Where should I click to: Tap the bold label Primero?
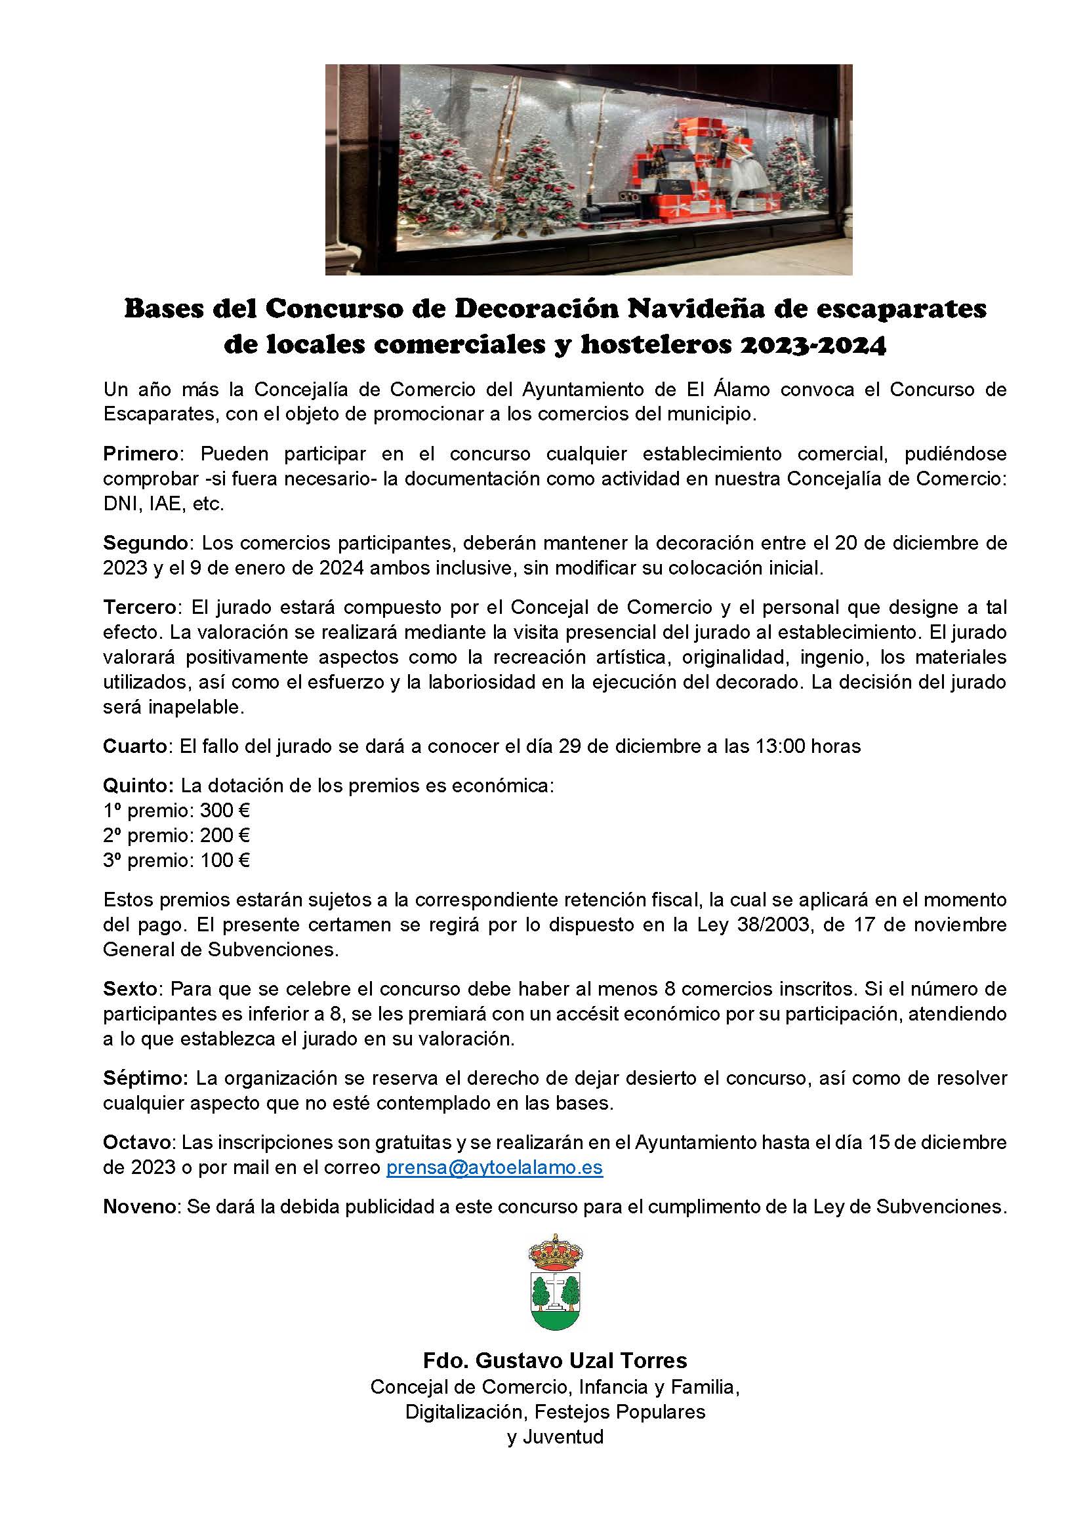140,454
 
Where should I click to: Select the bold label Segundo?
145,542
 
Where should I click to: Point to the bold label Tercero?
140,607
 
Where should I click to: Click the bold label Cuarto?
136,746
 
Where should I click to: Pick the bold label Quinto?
138,785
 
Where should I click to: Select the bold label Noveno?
140,1207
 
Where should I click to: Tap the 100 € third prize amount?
225,860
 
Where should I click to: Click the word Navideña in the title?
697,309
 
